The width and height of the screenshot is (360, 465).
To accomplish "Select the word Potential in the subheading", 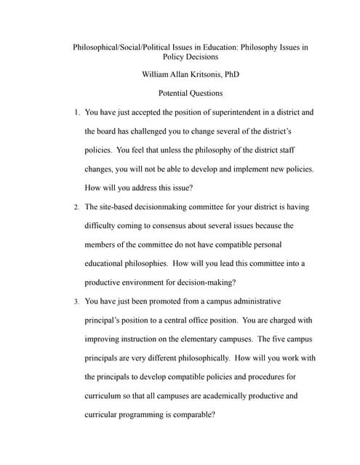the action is pyautogui.click(x=175, y=94).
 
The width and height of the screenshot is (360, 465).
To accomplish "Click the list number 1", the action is pyautogui.click(x=76, y=113).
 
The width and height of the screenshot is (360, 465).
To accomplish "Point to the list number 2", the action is pyautogui.click(x=76, y=207).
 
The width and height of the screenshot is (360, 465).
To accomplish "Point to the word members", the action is pyautogui.click(x=101, y=245).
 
